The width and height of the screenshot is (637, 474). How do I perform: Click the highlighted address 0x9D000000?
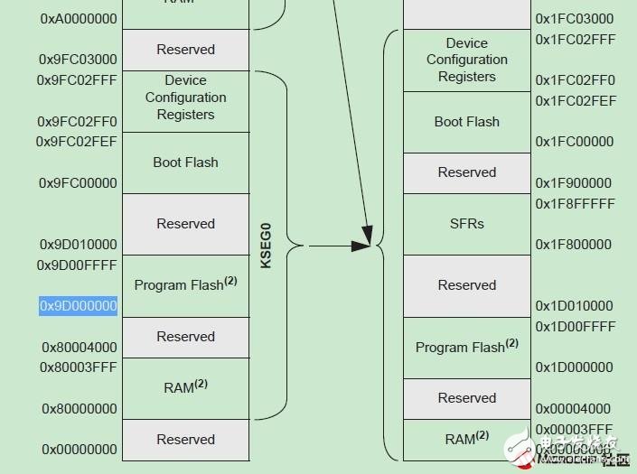coord(78,306)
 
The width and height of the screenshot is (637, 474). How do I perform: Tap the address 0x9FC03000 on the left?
coord(78,60)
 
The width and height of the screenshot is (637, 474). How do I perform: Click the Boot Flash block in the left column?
coord(185,163)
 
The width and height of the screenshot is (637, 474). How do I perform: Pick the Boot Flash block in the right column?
coord(466,122)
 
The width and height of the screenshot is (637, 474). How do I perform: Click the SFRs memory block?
coord(466,224)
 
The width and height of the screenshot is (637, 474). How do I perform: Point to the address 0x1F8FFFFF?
coord(575,204)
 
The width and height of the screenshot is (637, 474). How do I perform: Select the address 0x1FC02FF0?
coord(575,80)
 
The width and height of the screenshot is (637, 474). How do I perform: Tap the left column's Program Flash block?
coord(185,285)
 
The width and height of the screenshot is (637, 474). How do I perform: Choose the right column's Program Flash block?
coord(466,348)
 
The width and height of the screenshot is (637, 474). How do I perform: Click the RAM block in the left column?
coord(185,388)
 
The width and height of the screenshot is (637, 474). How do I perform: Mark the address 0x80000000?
coord(80,409)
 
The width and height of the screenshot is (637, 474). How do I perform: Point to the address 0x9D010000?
coord(78,245)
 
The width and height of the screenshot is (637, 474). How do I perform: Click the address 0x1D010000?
coord(574,306)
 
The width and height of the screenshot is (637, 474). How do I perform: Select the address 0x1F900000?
coord(574,183)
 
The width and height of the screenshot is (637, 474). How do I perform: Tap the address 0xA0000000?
coord(80,19)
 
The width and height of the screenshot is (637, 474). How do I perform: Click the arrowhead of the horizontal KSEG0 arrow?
coord(362,246)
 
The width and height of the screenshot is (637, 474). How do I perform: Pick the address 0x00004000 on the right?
coord(573,409)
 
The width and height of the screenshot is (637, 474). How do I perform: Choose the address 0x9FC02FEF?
coord(77,142)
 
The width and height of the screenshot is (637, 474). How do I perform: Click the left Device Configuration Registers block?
coord(185,98)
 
